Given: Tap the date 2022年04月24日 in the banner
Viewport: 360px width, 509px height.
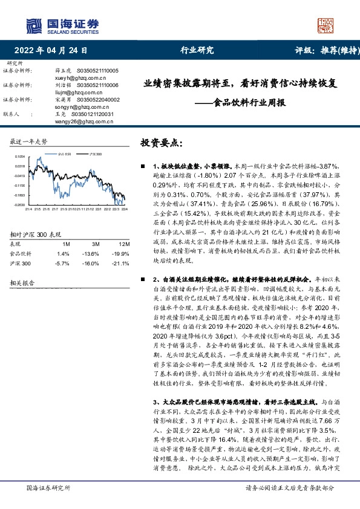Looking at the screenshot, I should (54, 51).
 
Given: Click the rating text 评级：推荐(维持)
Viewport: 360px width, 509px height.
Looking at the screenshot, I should (321, 51).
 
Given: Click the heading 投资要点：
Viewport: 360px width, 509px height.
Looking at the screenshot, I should (160, 143).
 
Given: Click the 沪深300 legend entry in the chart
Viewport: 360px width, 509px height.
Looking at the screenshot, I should (94, 155).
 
